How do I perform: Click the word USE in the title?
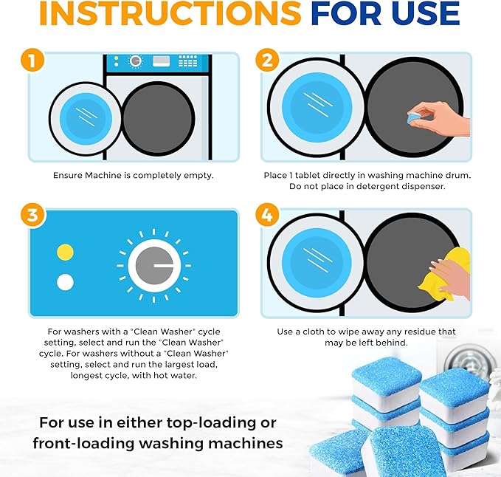426,14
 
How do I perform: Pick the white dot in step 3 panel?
66,282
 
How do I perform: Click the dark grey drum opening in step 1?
157,118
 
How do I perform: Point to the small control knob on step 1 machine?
134,61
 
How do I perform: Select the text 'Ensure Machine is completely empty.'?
133,176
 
